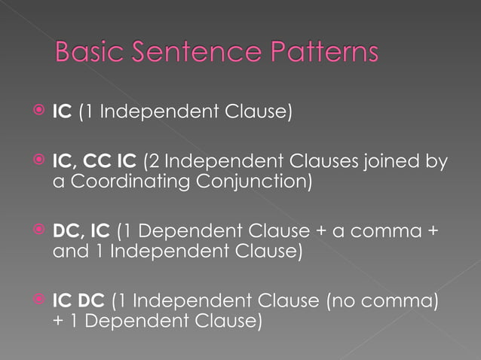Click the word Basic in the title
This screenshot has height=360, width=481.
pyautogui.click(x=91, y=53)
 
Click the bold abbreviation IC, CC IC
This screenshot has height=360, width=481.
pyautogui.click(x=95, y=160)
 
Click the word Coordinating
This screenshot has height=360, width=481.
pyautogui.click(x=128, y=182)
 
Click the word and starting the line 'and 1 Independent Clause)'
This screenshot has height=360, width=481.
pyautogui.click(x=66, y=251)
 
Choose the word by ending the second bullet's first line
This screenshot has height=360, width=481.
pyautogui.click(x=437, y=160)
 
